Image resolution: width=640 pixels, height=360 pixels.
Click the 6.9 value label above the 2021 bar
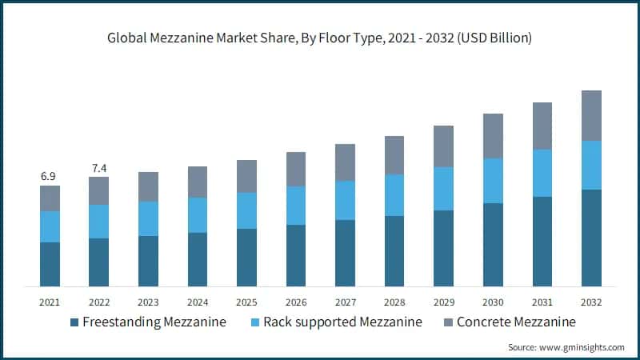point(50,175)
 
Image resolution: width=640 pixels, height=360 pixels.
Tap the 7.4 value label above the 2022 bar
point(99,167)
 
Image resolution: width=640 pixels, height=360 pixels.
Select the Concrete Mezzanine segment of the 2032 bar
point(591,115)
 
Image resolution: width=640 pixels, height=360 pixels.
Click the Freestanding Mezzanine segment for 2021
point(50,264)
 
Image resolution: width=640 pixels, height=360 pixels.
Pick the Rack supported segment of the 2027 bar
point(345,200)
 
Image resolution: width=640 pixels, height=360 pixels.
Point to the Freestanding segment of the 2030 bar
point(493,245)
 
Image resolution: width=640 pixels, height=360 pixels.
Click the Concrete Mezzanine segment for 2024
point(198,182)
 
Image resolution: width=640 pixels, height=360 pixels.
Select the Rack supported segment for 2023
point(148,218)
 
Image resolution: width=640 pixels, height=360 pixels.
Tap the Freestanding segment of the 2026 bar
point(296,255)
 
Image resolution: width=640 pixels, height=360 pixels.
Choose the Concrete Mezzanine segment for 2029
point(444,146)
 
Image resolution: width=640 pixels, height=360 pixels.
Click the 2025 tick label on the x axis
point(246,302)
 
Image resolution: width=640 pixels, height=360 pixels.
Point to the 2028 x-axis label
point(394,302)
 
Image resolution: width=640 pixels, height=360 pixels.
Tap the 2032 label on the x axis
point(591,302)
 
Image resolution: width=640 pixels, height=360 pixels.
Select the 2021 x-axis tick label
point(50,302)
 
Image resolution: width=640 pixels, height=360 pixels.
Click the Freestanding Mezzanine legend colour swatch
point(75,322)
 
